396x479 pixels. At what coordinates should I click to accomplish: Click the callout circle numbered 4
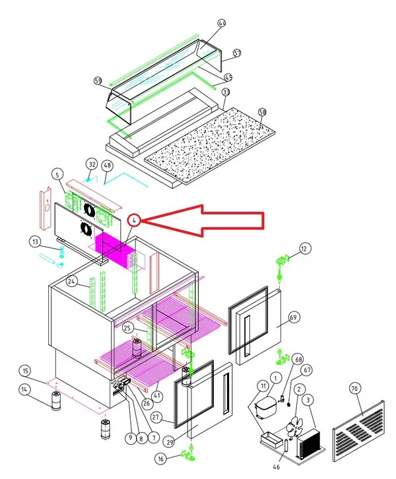coord(135,220)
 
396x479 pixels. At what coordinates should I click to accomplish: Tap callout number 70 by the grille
coord(354,390)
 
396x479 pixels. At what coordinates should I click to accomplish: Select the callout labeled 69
coord(293,317)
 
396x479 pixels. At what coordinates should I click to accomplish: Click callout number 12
coord(304,249)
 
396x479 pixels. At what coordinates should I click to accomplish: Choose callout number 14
coord(24,390)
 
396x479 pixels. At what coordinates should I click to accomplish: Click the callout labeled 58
coord(262,112)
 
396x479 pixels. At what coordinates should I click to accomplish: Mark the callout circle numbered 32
coord(92,164)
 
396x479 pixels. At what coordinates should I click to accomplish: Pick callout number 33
coord(226,92)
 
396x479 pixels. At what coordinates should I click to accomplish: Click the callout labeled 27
coord(156,417)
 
